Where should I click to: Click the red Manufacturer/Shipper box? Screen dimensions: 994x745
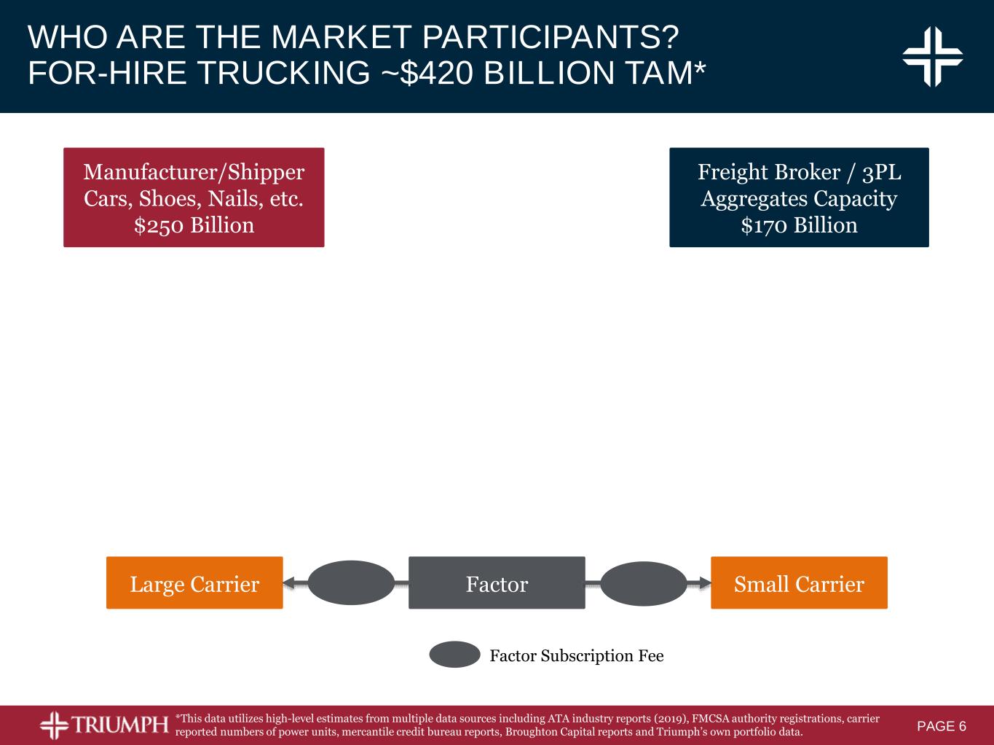pyautogui.click(x=194, y=197)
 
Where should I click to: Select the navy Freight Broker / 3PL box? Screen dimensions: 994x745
pyautogui.click(x=800, y=197)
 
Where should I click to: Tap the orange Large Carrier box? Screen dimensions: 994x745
pyautogui.click(x=194, y=582)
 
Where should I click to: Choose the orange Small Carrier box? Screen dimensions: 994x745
pyautogui.click(x=800, y=582)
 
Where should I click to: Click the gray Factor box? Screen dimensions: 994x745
pyautogui.click(x=497, y=582)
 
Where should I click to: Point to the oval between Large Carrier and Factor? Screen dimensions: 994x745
pyautogui.click(x=352, y=582)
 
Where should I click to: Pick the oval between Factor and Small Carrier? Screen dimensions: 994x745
pyautogui.click(x=644, y=584)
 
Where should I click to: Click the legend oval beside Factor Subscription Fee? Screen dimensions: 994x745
pyautogui.click(x=454, y=655)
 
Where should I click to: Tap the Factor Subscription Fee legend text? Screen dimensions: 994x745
pyautogui.click(x=577, y=656)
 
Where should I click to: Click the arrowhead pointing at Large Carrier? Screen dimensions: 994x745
pyautogui.click(x=288, y=582)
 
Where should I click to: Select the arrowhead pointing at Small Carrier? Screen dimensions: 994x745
pyautogui.click(x=705, y=582)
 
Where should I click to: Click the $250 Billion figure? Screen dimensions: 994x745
pyautogui.click(x=194, y=225)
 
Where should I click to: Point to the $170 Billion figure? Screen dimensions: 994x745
pyautogui.click(x=800, y=225)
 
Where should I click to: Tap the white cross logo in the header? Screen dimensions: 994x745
pyautogui.click(x=932, y=57)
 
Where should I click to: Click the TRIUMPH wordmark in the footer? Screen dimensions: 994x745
pyautogui.click(x=120, y=725)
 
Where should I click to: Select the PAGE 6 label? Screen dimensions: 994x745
pyautogui.click(x=942, y=726)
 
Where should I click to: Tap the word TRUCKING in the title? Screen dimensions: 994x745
pyautogui.click(x=283, y=72)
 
